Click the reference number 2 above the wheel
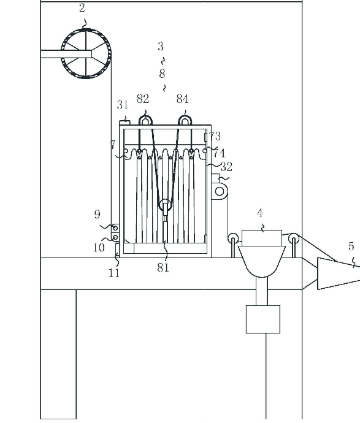coord(82,8)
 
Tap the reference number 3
coord(161,47)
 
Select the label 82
coord(143,99)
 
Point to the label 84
coord(182,99)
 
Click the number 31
coord(122,104)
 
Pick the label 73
coord(215,136)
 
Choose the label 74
coord(219,153)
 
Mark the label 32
coord(226,167)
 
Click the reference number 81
coord(163,267)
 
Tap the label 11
coord(114,273)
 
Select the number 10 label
coord(99,248)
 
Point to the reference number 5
coord(351,246)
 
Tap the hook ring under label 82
coord(145,116)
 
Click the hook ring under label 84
coord(185,116)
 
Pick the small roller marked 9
coord(115,228)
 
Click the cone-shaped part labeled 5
coord(339,273)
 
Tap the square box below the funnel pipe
coord(263,319)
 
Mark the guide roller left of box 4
coord(233,238)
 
